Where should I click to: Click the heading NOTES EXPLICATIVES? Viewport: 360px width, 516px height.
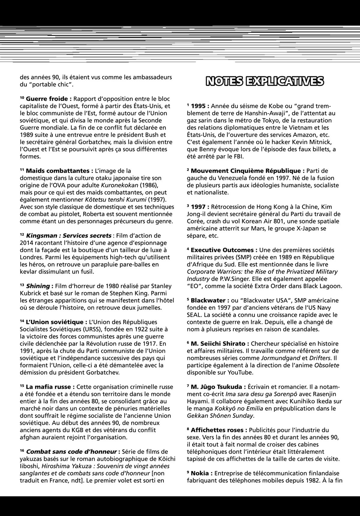265,81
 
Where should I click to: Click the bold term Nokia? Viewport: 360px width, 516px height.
202,473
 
